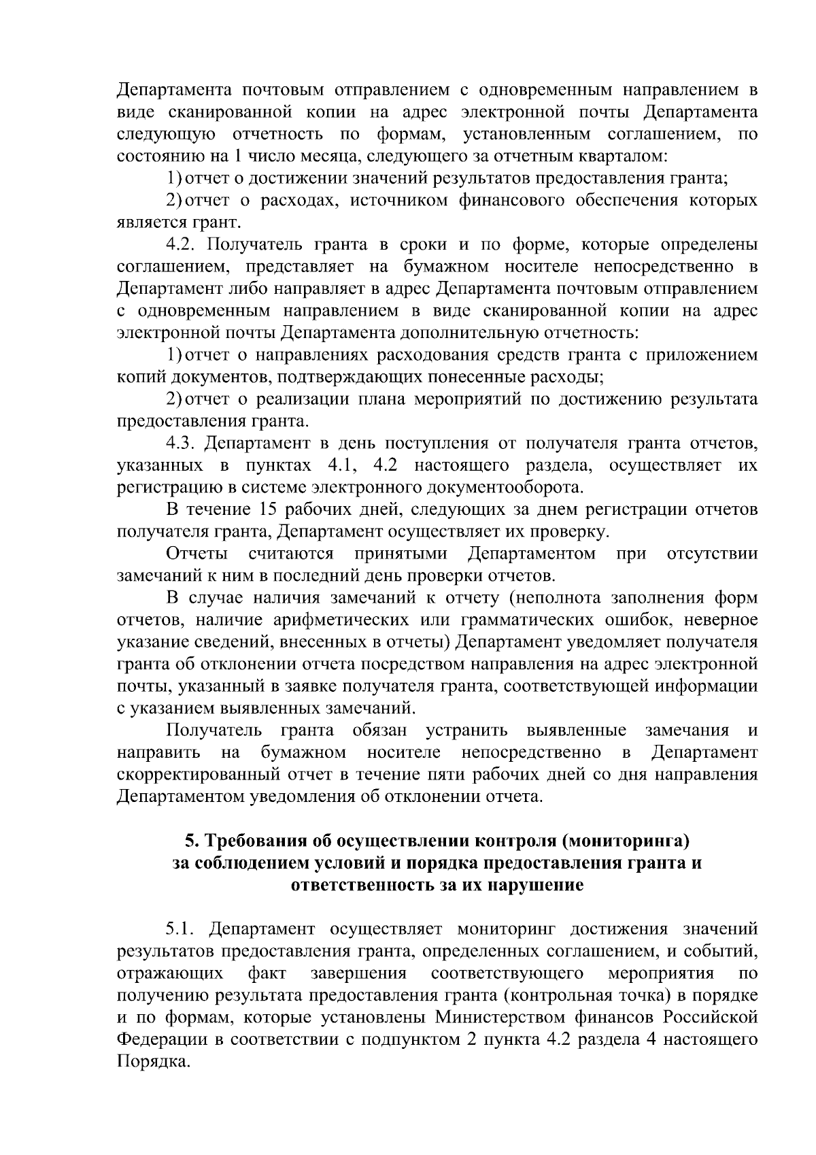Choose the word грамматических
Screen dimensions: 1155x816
click(x=532, y=620)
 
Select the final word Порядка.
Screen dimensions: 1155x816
click(x=152, y=1061)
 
